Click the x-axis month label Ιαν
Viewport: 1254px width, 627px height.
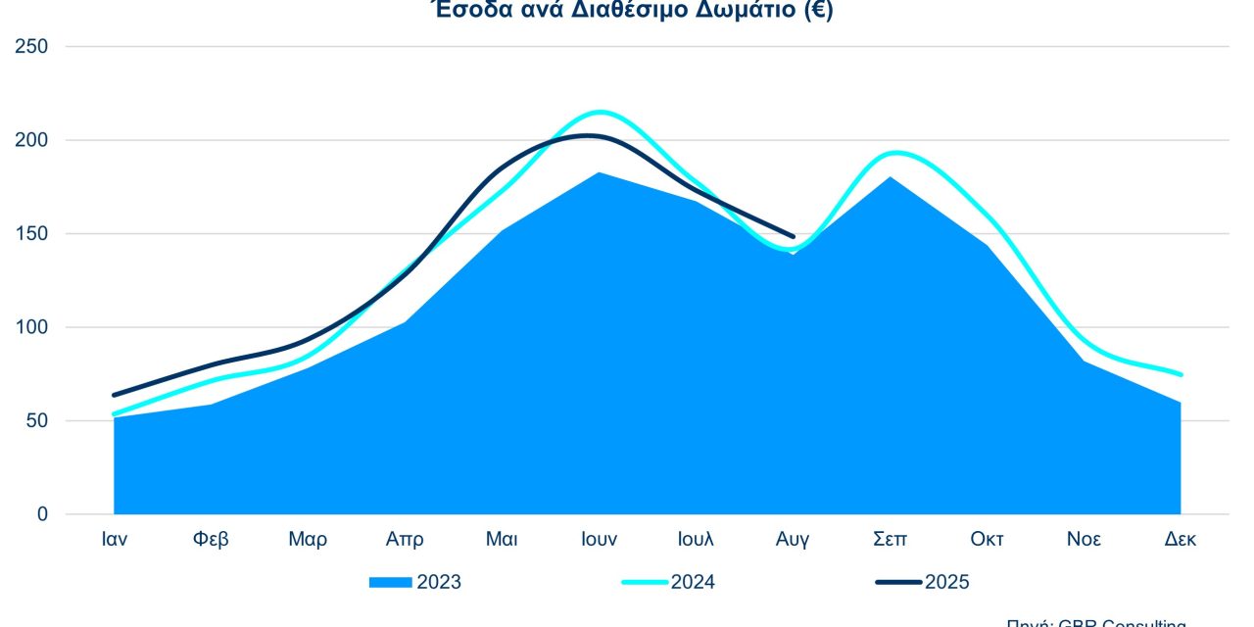(115, 540)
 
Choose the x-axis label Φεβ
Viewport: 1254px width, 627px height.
(212, 540)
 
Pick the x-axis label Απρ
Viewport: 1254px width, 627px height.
(405, 540)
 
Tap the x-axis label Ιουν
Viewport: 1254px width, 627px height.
(599, 540)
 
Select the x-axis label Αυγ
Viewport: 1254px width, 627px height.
(793, 540)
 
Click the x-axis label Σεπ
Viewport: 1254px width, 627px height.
(889, 540)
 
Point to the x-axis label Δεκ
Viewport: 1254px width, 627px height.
(1181, 540)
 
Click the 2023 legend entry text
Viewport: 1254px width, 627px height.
(439, 583)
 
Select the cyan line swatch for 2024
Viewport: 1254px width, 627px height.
(645, 583)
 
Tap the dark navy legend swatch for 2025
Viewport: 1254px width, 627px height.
(898, 583)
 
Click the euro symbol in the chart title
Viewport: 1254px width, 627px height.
(815, 12)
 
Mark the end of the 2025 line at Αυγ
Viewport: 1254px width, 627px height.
(793, 236)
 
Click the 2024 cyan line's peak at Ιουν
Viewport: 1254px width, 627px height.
(600, 112)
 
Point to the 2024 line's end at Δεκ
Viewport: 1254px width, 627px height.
(1181, 374)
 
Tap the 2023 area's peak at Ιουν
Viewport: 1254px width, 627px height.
(599, 173)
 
